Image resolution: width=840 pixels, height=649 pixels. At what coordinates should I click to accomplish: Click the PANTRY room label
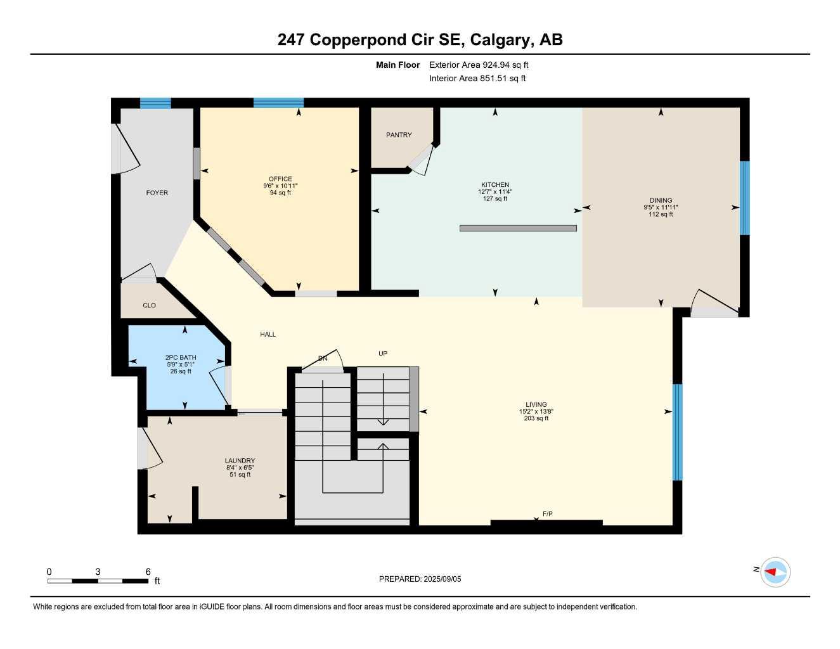399,135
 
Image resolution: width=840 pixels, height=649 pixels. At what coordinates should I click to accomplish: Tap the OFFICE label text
280,179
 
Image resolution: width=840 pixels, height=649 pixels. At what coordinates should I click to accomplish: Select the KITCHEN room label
494,185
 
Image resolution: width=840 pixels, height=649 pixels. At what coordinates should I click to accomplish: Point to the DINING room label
661,200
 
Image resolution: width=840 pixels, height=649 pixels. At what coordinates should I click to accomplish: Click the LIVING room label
536,404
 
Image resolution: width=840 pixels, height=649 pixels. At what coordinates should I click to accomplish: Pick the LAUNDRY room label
240,461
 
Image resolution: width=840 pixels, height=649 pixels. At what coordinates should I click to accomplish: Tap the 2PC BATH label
181,357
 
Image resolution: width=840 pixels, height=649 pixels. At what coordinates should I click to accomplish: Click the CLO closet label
149,305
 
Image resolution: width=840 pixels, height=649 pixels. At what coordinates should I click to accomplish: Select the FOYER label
157,193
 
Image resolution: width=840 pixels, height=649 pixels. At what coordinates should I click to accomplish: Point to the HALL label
268,334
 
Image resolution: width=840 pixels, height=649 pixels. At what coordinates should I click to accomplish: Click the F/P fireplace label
548,513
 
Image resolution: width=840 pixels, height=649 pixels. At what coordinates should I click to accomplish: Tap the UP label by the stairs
383,354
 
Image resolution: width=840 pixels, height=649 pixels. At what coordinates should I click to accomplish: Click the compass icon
775,572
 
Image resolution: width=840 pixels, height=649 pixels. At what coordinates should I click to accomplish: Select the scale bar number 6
148,572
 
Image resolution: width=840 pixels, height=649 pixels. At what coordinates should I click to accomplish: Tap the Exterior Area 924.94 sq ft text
479,65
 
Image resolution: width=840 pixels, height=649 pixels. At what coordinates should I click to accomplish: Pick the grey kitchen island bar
518,228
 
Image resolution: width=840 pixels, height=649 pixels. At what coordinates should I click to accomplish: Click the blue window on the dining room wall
745,198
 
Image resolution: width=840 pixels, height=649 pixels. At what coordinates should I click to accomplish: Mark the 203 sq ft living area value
536,418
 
